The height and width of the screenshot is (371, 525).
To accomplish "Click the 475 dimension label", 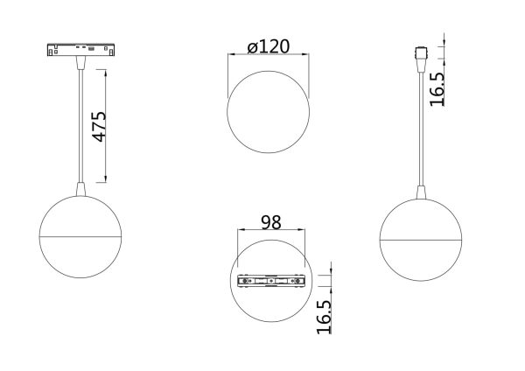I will pos(100,127).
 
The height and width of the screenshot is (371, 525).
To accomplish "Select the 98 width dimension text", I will pos(270,223).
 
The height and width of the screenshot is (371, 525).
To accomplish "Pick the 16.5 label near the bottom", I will pos(323,317).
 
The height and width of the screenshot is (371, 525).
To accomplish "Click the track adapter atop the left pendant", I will pos(81,49).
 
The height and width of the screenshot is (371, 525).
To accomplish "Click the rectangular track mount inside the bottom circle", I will pos(272,281).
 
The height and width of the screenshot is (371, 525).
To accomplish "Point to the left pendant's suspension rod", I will pos(81,122).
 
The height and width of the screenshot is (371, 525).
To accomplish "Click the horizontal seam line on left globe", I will pos(81,236).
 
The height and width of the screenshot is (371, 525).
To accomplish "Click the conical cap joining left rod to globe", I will pos(81,187).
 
